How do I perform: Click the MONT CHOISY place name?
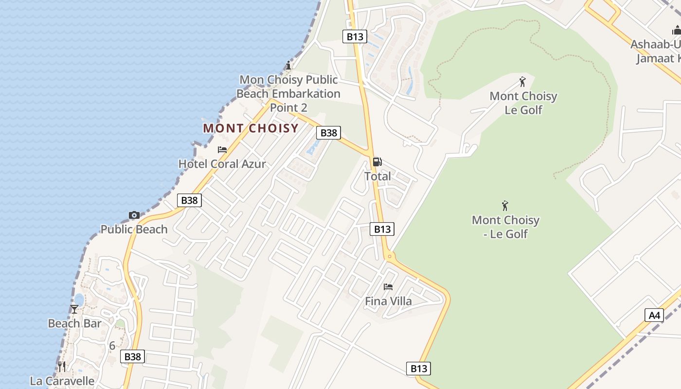pos(251,128)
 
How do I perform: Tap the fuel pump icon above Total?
pos(377,162)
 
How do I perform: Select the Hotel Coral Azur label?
pos(222,164)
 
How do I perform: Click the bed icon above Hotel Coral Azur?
pos(222,150)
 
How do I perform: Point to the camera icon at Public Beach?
pos(134,215)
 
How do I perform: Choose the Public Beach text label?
pos(134,229)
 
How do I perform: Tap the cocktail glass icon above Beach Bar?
pos(74,309)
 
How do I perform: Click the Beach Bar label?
pos(74,323)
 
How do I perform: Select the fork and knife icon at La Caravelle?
pos(62,366)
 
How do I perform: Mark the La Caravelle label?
pos(62,381)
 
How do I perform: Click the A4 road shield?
pos(654,315)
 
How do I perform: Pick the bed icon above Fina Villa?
pos(388,287)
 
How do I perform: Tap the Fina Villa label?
pos(388,301)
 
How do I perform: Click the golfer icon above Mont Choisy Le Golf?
pos(523,82)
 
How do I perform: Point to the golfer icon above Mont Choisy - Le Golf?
pos(505,206)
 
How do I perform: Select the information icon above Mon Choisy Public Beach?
pos(288,65)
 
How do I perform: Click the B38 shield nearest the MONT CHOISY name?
pos(328,133)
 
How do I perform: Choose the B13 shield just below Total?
pos(382,229)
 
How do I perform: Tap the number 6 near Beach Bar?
pos(112,346)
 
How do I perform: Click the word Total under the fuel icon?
pos(377,177)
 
